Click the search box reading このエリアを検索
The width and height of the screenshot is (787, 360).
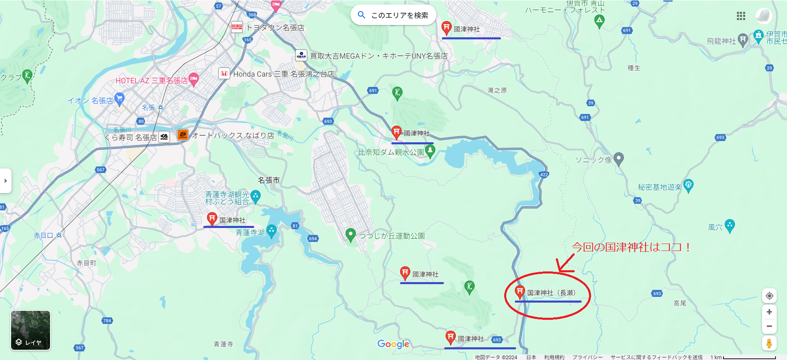pyautogui.click(x=393, y=15)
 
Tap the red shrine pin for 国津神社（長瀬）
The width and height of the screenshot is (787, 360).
pyautogui.click(x=520, y=292)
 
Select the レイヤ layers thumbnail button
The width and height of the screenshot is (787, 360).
pyautogui.click(x=30, y=330)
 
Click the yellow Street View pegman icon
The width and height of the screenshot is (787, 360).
pyautogui.click(x=769, y=343)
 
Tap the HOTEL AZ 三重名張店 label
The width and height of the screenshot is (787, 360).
pyautogui.click(x=151, y=81)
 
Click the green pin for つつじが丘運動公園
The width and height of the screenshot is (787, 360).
pyautogui.click(x=350, y=235)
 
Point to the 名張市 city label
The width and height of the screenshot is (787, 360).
pyautogui.click(x=268, y=180)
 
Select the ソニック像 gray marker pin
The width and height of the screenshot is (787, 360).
pyautogui.click(x=619, y=159)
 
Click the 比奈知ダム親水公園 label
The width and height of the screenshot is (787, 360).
pyautogui.click(x=391, y=152)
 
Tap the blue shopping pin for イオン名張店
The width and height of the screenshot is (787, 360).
pyautogui.click(x=119, y=98)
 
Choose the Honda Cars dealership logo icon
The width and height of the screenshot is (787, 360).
pyautogui.click(x=224, y=74)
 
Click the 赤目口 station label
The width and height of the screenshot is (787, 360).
pyautogui.click(x=43, y=235)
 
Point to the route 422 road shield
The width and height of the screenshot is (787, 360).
pyautogui.click(x=544, y=175)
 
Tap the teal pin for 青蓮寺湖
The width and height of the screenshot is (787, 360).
pyautogui.click(x=271, y=230)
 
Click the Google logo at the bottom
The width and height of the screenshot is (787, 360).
pyautogui.click(x=393, y=344)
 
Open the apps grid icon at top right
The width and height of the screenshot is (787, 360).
pyautogui.click(x=741, y=16)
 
